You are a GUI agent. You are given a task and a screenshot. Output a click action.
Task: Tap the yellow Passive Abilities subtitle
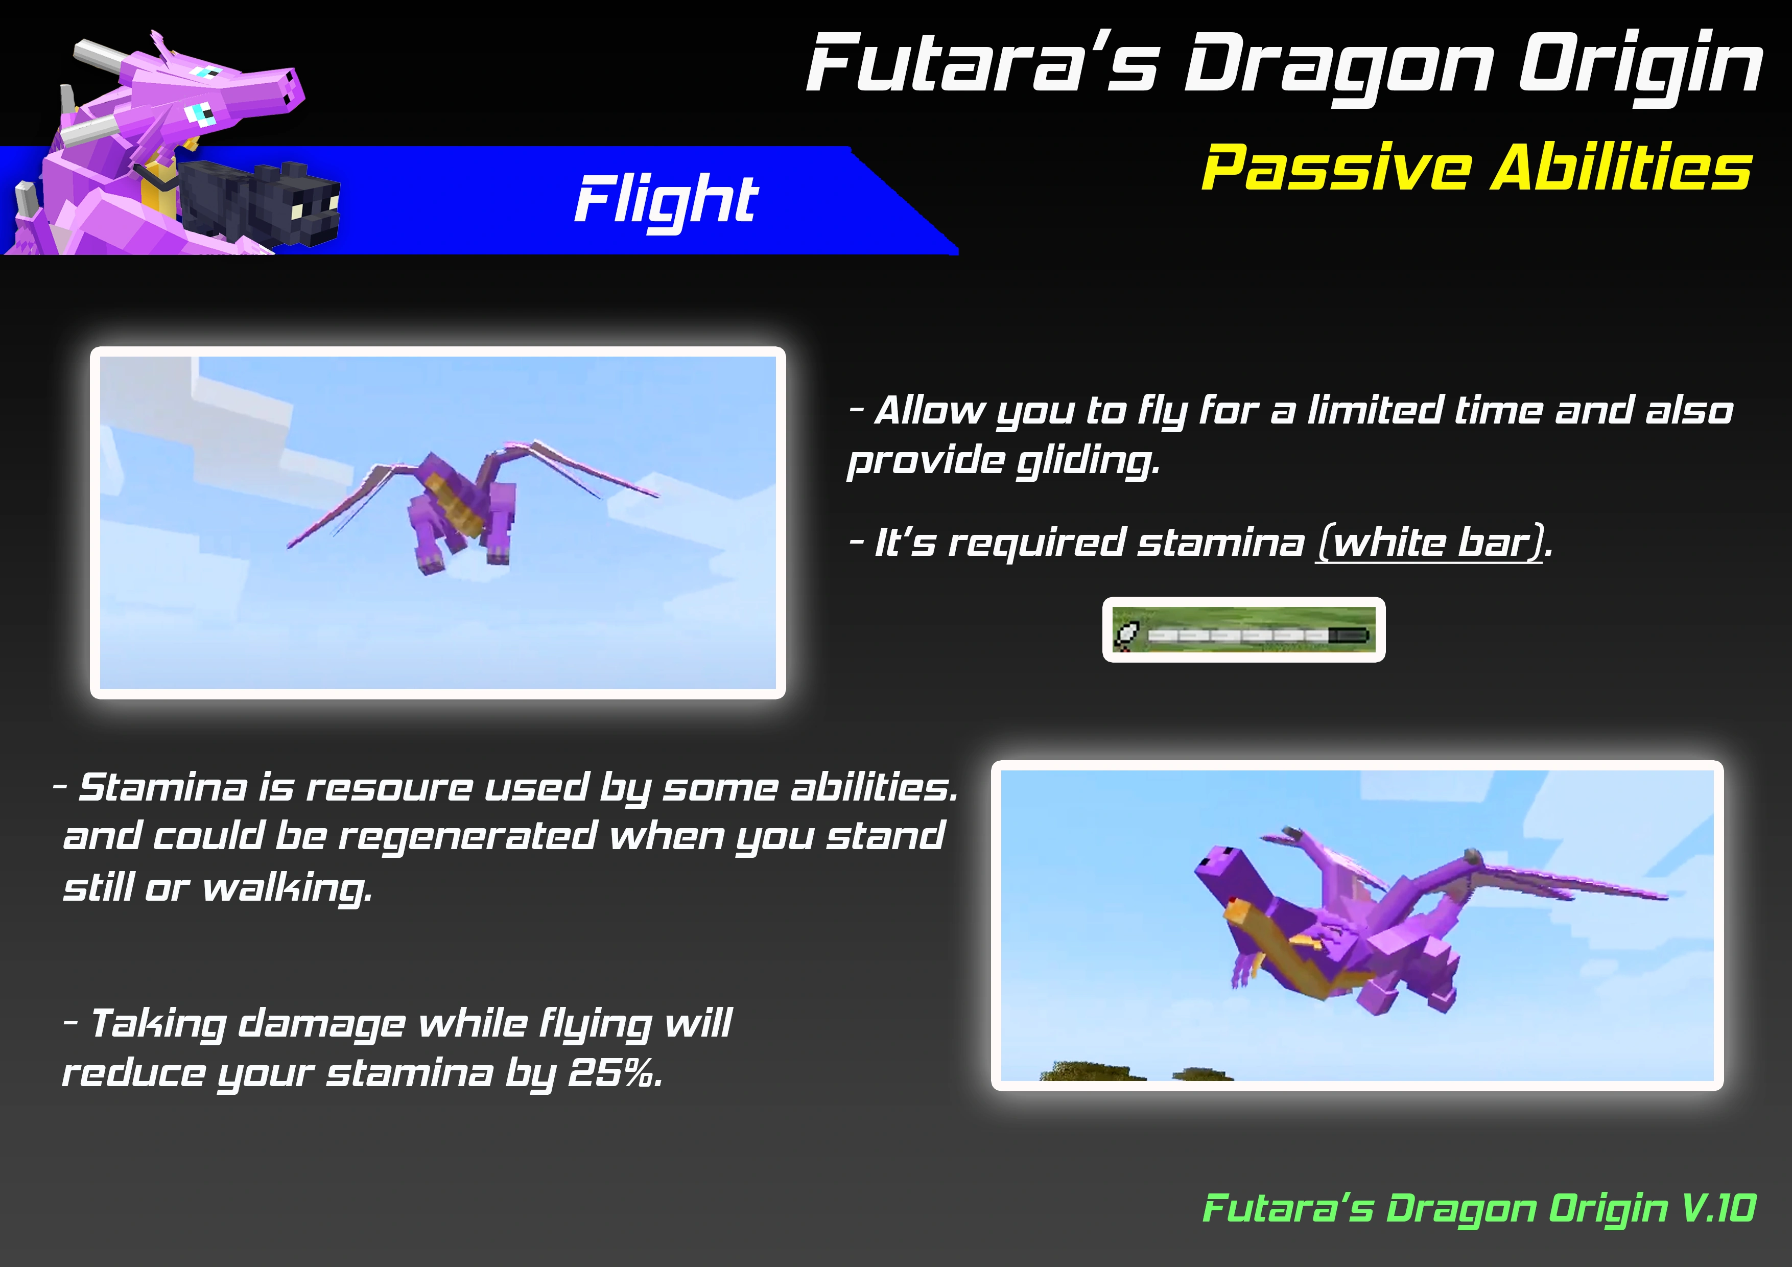[1477, 168]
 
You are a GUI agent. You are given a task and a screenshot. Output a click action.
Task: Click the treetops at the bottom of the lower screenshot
[1136, 1071]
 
